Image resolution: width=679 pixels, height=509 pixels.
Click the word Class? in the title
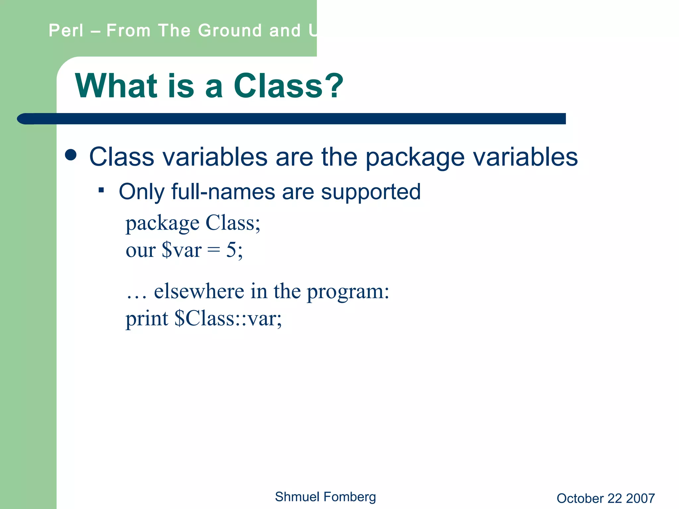click(x=288, y=86)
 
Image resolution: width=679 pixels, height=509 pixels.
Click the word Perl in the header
click(x=66, y=30)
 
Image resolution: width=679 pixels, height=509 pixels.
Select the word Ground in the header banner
click(x=230, y=30)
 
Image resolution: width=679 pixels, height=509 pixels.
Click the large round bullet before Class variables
click(x=71, y=155)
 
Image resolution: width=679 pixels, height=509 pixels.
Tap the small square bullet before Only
click(x=101, y=190)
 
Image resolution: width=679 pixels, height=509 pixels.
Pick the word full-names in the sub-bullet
click(x=223, y=192)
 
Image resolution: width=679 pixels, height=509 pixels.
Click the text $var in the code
click(x=181, y=250)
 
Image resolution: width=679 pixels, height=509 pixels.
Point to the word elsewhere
click(x=199, y=291)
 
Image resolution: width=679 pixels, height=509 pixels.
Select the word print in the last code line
click(x=147, y=319)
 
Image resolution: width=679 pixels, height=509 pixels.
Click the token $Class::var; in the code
click(x=228, y=319)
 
